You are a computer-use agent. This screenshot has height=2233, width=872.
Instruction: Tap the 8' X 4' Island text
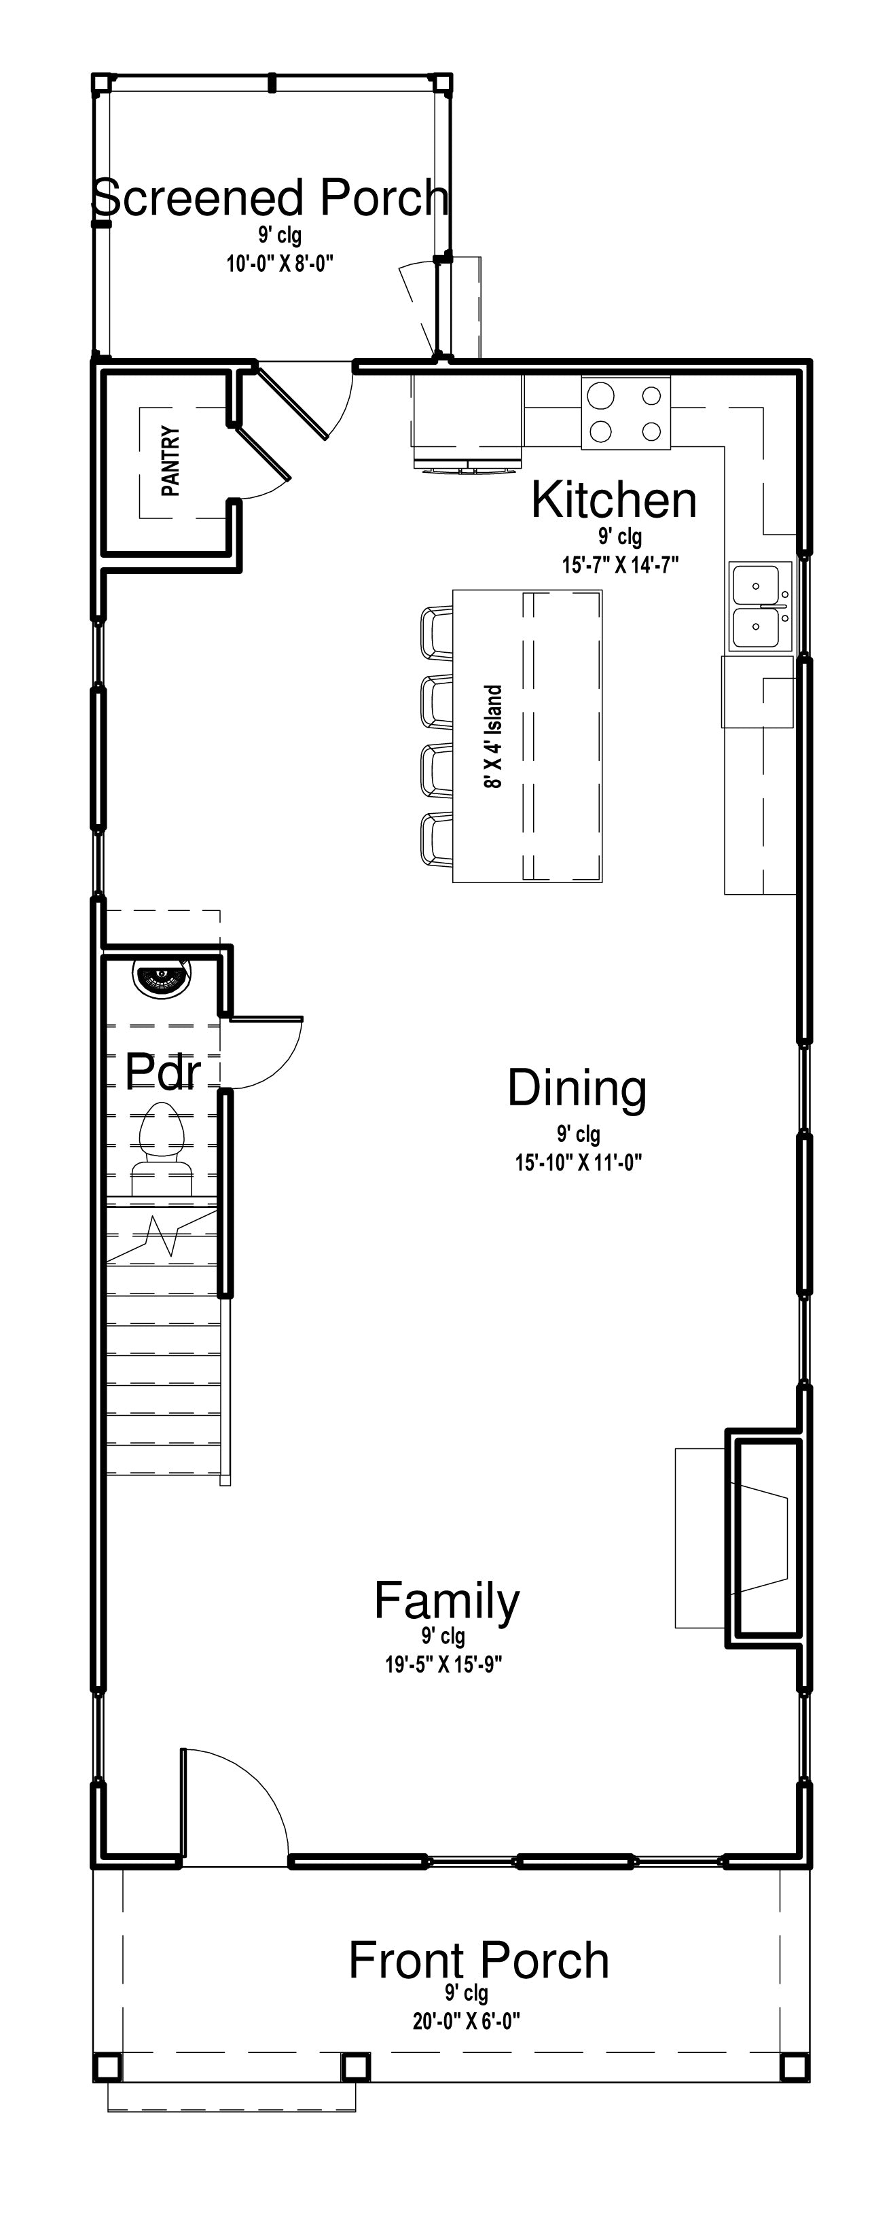[492, 737]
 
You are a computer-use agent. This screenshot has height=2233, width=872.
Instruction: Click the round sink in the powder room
[162, 976]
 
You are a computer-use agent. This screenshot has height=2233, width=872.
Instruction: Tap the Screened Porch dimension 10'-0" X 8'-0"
[280, 264]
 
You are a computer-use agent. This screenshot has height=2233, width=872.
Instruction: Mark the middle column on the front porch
[355, 2067]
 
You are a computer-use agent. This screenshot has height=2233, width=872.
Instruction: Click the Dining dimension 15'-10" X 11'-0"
[578, 1162]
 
